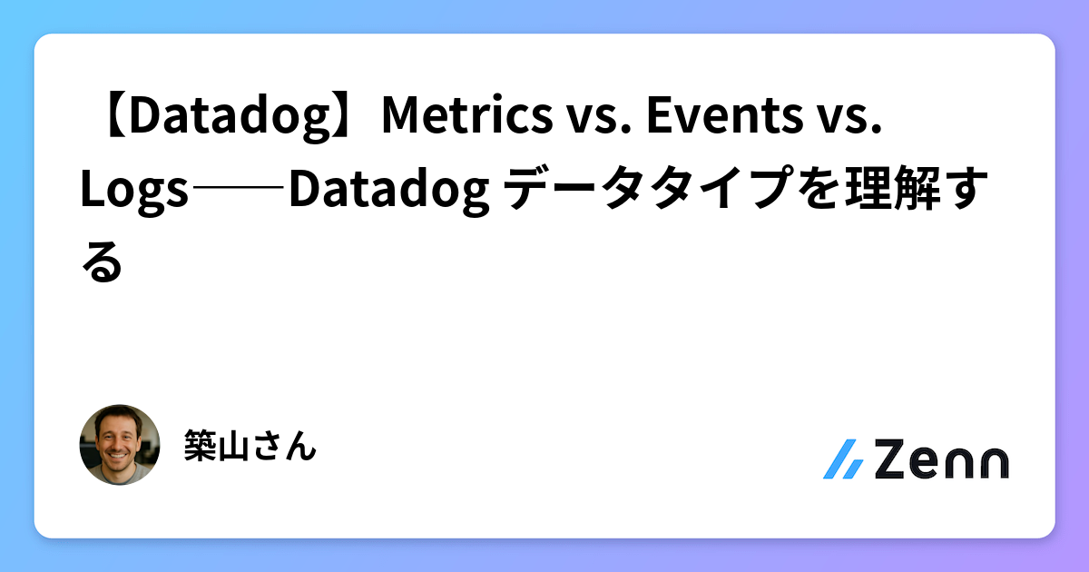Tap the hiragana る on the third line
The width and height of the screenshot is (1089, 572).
[101, 263]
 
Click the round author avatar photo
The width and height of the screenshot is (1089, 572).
[120, 445]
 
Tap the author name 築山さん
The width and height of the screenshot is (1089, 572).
[250, 445]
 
